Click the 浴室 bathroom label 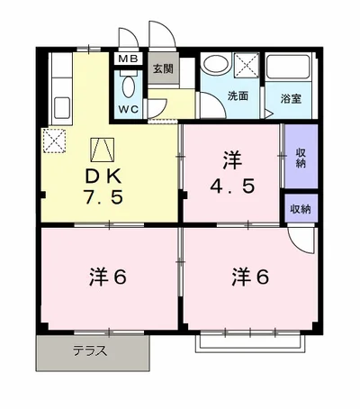click(x=289, y=98)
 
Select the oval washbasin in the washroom click(x=215, y=66)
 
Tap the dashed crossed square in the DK click(x=53, y=141)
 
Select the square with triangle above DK click(x=102, y=147)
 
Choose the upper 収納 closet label click(x=300, y=157)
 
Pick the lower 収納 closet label click(x=300, y=209)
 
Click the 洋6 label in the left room click(x=106, y=276)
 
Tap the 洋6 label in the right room click(x=248, y=276)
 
